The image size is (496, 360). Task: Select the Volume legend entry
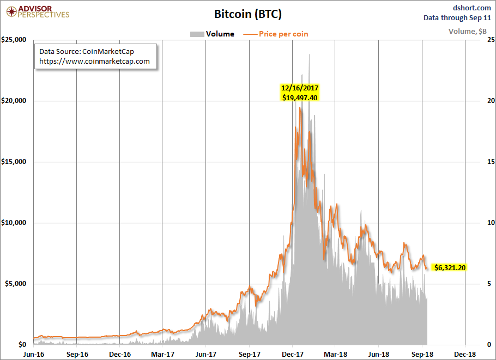pos(212,34)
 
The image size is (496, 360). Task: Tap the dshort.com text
pos(472,7)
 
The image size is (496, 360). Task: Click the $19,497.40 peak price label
pos(300,97)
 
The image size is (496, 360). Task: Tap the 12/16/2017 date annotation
pos(299,88)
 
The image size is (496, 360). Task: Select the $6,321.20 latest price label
pos(450,267)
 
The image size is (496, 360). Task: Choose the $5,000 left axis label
pos(16,284)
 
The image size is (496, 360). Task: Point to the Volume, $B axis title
pos(468,31)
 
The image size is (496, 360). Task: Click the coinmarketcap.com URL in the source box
pos(94,61)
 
